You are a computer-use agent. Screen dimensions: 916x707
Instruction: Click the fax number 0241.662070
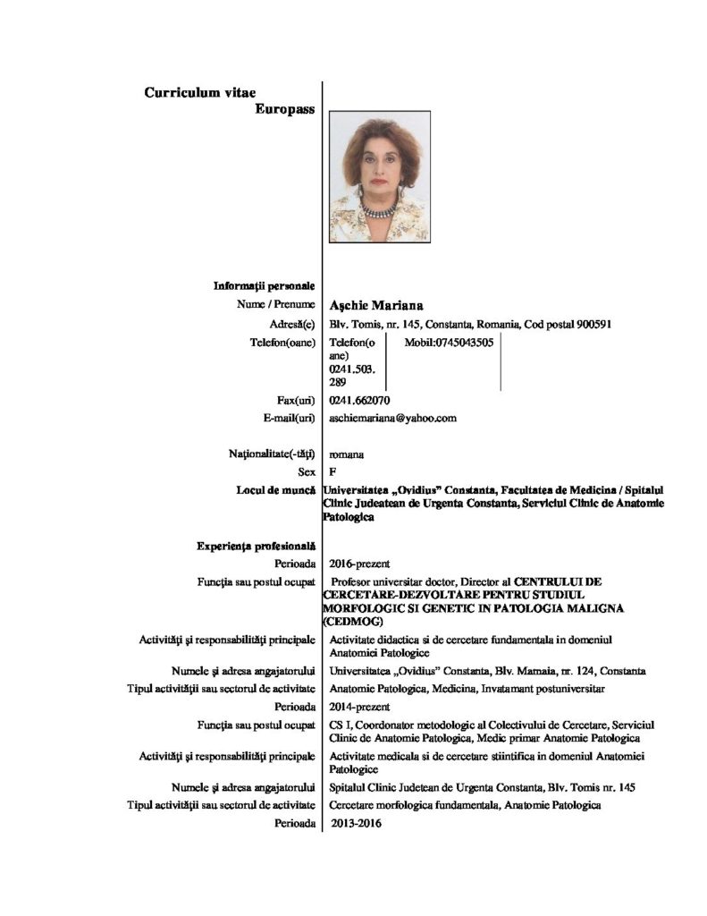(x=359, y=400)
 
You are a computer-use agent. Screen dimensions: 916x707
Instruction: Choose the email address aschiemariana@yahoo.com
(x=393, y=418)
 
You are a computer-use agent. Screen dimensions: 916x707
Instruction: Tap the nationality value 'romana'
(x=346, y=454)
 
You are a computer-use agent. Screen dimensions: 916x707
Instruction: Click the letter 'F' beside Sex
(x=333, y=471)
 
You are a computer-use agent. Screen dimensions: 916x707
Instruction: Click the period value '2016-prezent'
(x=357, y=564)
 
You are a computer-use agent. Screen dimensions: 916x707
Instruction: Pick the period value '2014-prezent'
(x=357, y=707)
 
